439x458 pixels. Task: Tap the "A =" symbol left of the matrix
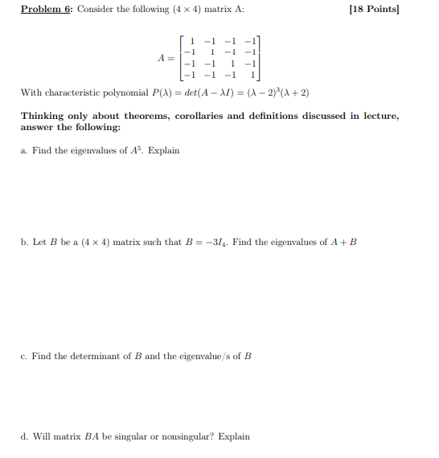pos(166,58)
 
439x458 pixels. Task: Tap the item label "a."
pos(24,150)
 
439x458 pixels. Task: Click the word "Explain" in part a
pos(164,150)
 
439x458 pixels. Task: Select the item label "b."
pos(24,242)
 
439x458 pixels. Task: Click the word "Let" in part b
pos(39,242)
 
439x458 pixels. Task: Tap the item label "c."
pos(24,356)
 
